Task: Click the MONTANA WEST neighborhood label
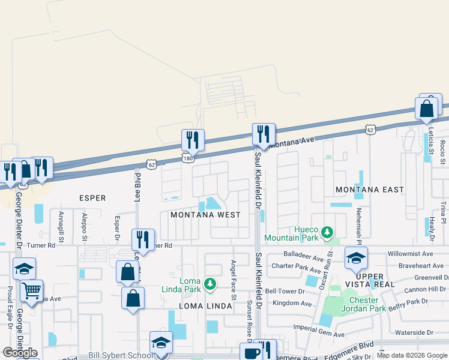click(x=205, y=215)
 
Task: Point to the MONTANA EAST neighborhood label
click(x=370, y=190)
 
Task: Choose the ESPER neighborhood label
click(x=92, y=198)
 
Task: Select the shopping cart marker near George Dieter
click(x=32, y=292)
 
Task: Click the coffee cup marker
click(x=250, y=353)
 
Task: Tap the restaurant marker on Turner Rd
click(x=143, y=240)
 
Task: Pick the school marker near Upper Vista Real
click(x=356, y=258)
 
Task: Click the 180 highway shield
click(x=187, y=157)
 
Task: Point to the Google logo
click(x=20, y=353)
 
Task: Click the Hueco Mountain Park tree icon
click(x=327, y=231)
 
